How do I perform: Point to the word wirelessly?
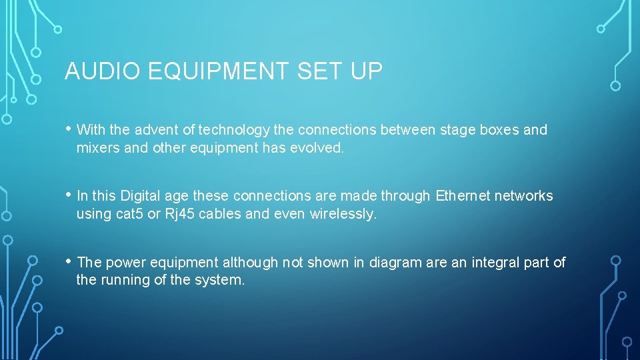pos(343,214)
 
